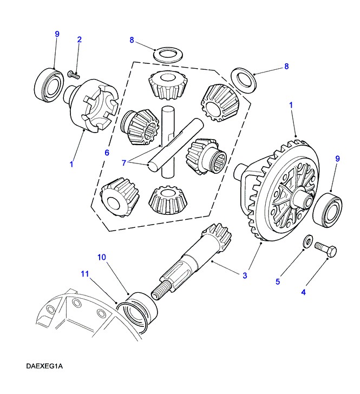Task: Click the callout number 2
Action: coord(79,40)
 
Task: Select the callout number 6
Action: coord(107,153)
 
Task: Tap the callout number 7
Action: coord(125,163)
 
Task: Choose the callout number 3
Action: coord(245,276)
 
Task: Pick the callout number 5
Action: coord(278,281)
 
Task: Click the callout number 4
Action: coord(303,292)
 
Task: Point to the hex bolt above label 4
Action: coord(325,251)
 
